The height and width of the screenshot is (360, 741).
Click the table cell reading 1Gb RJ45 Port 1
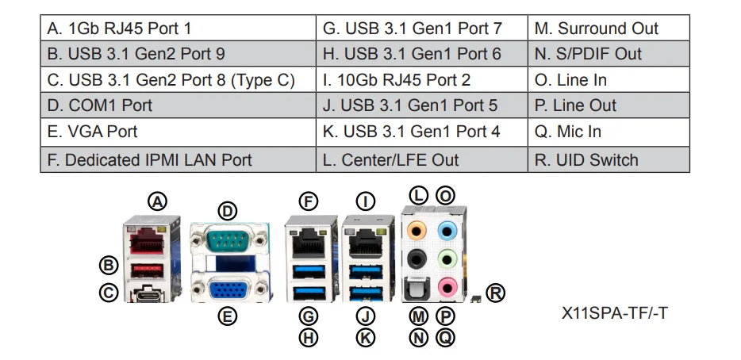tap(178, 28)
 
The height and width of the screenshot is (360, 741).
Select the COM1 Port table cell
tap(178, 105)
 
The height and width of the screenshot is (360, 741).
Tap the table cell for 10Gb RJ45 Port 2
tap(421, 79)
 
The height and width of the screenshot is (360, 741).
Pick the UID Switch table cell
tap(609, 159)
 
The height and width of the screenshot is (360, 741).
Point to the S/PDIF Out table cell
tap(609, 53)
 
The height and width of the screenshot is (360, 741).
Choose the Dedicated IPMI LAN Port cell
tap(178, 159)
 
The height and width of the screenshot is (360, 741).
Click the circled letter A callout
tap(157, 201)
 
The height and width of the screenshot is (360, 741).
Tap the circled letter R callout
tap(495, 293)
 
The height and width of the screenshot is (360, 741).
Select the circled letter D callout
tap(228, 211)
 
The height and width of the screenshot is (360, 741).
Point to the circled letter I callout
tap(365, 201)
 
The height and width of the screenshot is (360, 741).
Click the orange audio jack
tap(417, 231)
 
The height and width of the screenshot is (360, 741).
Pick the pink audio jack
tap(447, 286)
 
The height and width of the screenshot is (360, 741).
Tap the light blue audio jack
tap(447, 231)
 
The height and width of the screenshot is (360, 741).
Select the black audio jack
tap(417, 259)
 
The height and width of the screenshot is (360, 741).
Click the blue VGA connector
tap(229, 289)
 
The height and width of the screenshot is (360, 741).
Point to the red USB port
tap(147, 270)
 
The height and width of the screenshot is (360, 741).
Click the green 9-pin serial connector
tap(228, 240)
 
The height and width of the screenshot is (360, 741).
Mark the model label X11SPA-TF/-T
tap(614, 313)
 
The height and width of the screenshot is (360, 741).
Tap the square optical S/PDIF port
tap(417, 288)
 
